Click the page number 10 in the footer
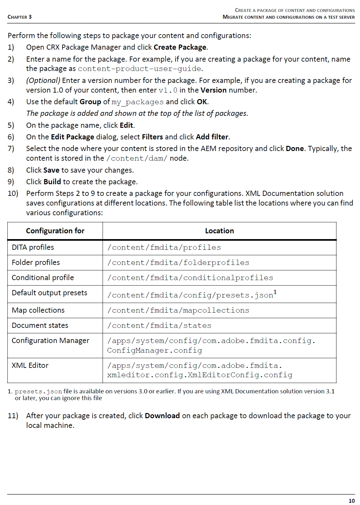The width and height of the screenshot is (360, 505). coord(351,500)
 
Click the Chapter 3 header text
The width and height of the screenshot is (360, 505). coord(20,17)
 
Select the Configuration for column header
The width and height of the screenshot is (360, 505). coord(55,231)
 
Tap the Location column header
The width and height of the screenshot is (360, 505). coord(219,231)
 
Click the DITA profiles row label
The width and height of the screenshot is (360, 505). coord(33,247)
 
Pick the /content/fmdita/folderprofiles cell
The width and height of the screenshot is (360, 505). coord(178,263)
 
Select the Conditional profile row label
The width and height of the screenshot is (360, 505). coord(43,278)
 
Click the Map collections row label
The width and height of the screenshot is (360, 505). coord(38,310)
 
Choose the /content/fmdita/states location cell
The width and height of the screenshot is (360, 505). coord(159,325)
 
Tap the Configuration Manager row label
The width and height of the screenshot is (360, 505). coord(50,340)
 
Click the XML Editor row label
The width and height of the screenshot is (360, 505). coord(30,365)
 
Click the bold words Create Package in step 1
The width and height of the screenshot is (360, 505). coord(180,47)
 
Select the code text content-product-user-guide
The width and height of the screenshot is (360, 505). coord(140,69)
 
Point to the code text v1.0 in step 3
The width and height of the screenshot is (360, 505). coord(168,90)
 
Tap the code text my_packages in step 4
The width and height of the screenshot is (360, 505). coord(137,102)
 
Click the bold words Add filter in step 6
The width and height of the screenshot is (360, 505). coord(212,137)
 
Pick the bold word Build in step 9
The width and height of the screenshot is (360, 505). coord(52,182)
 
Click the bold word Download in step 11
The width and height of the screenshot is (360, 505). coord(162,416)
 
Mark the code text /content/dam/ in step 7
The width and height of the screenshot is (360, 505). coord(137,158)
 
